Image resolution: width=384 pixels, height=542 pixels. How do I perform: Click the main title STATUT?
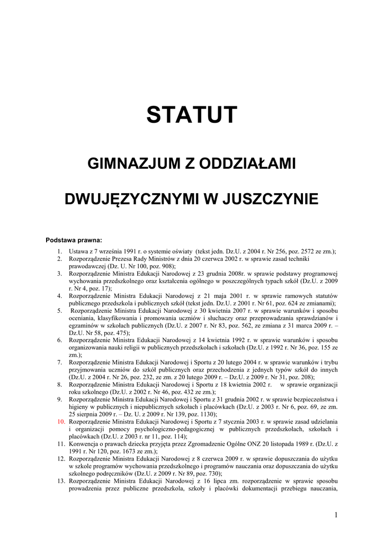tap(192, 114)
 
